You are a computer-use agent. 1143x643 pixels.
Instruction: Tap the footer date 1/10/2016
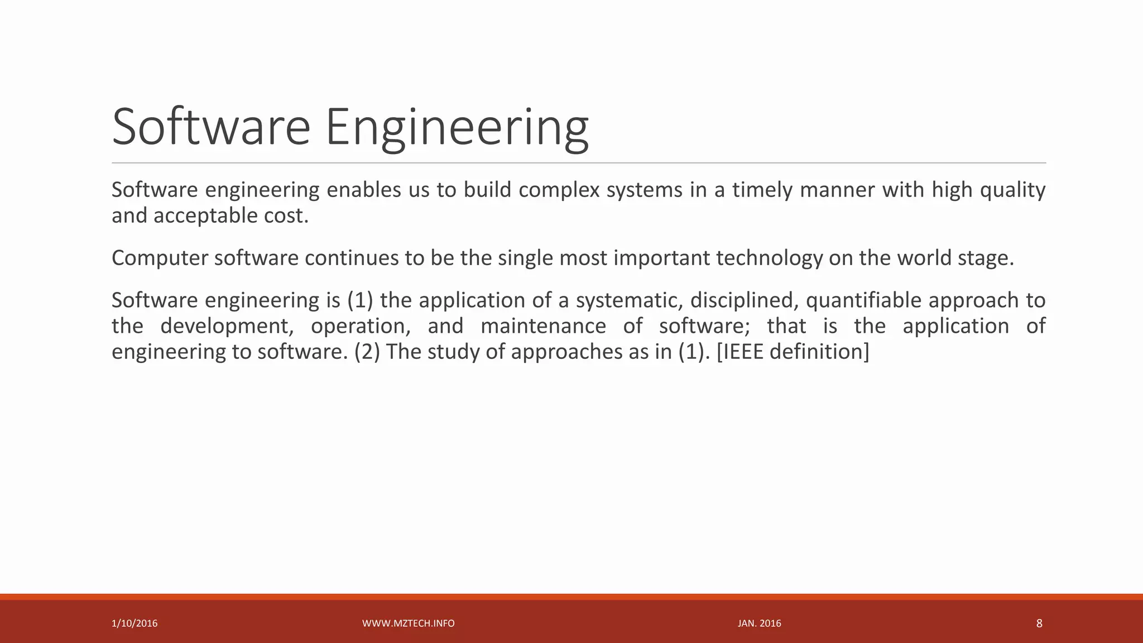coord(135,623)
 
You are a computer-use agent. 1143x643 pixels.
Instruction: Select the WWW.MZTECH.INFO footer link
coord(408,623)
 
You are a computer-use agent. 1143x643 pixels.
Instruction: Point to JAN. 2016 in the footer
coord(759,623)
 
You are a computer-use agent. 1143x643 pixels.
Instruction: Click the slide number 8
coord(1039,623)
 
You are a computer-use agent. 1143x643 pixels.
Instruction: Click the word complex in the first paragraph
coord(559,190)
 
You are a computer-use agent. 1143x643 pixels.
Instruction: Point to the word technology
coord(769,258)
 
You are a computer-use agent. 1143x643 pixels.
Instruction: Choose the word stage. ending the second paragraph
coord(985,258)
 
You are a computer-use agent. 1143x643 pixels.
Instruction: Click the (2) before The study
coord(367,352)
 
